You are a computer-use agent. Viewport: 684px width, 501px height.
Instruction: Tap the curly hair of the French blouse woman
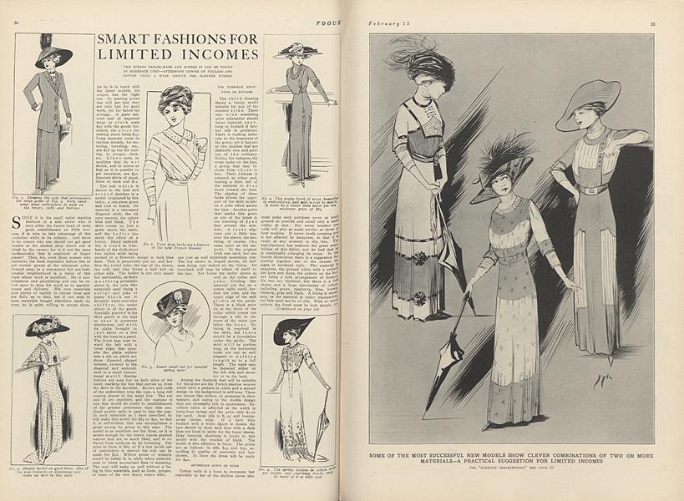click(177, 98)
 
